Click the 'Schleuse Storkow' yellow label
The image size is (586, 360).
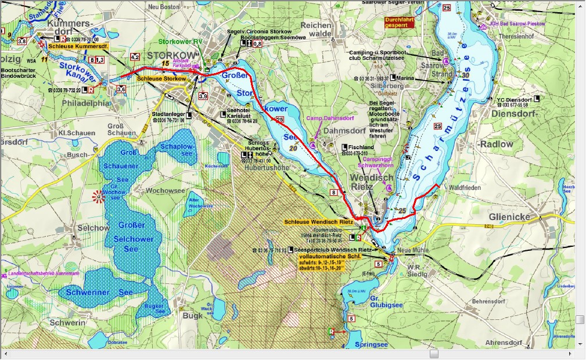161,78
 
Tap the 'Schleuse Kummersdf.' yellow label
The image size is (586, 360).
78,46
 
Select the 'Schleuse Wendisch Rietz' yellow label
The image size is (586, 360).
318,221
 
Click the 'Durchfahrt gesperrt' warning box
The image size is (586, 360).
400,23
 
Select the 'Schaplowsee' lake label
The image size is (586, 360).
178,150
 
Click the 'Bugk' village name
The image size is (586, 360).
192,315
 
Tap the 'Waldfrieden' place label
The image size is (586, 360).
464,188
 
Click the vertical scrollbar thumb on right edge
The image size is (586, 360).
580,320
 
